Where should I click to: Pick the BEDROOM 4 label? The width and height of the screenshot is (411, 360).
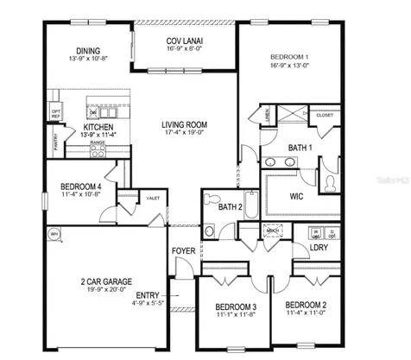click(81, 186)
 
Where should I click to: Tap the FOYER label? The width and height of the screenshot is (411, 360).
click(183, 251)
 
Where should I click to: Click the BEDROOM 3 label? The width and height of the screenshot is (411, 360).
click(235, 307)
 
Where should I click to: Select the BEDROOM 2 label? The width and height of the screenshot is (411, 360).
click(306, 305)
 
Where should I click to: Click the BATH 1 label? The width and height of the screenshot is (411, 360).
click(300, 148)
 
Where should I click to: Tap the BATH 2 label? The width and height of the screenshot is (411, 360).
click(230, 207)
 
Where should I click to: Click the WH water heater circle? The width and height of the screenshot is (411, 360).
click(54, 234)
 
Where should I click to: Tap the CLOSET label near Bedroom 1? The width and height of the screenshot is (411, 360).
click(325, 115)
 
